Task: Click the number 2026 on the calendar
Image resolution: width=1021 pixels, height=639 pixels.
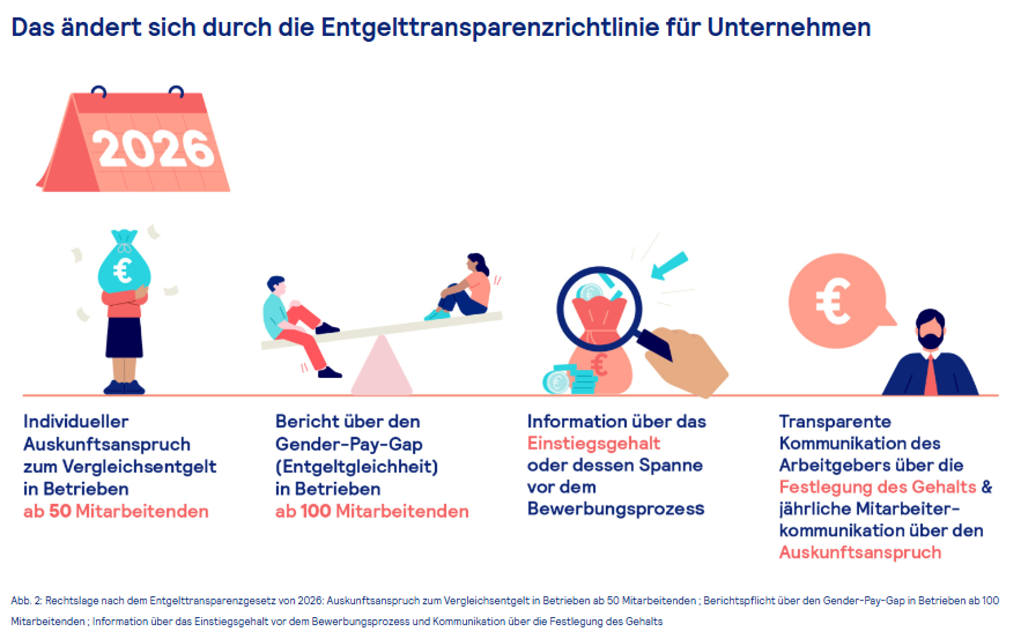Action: [x=153, y=149]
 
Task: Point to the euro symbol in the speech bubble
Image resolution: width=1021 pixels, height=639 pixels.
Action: [x=832, y=301]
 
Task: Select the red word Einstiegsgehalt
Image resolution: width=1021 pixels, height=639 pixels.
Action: [x=593, y=443]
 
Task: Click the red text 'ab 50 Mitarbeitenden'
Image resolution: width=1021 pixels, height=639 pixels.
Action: [x=116, y=511]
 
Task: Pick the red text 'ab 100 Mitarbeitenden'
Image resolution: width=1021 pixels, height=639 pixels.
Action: [x=371, y=511]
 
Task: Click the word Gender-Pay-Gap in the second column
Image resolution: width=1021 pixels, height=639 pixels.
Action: [x=349, y=444]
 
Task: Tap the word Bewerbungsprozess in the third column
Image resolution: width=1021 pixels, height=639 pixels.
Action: [x=616, y=508]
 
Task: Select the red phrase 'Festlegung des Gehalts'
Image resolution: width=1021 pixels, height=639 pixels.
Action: [x=878, y=487]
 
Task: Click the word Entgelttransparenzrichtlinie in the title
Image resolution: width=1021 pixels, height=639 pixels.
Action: [x=490, y=28]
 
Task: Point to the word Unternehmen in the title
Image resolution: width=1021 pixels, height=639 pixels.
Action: [x=789, y=28]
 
